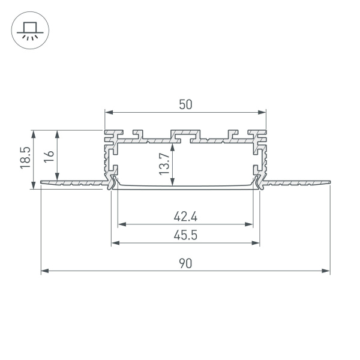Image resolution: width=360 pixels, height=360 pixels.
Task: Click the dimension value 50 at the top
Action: tap(185, 104)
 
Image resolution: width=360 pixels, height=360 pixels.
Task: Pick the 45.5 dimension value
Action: tap(185, 235)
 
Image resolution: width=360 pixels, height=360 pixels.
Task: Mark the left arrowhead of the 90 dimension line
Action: tap(44, 271)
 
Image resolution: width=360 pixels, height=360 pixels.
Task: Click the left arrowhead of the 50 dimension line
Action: tap(108, 112)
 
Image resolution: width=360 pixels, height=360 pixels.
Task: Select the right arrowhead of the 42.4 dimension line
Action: tap(250, 224)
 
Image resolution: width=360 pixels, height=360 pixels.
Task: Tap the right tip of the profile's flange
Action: tap(329, 181)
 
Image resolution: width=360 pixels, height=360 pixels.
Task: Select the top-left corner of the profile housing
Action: tap(106, 130)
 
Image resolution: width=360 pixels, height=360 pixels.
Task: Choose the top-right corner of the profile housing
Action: tap(266, 130)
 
